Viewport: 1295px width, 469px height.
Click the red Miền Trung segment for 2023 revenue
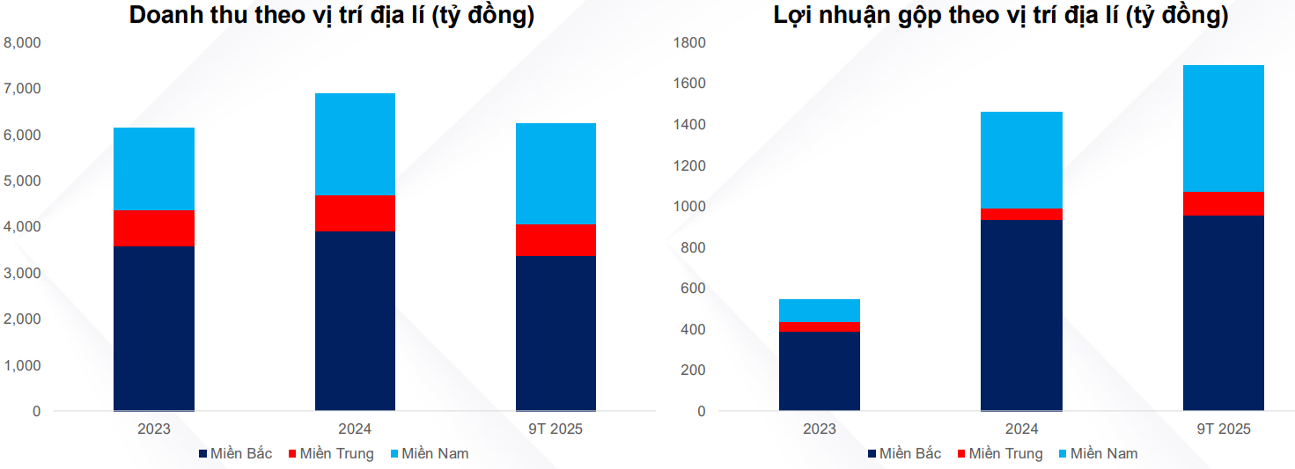[x=154, y=228]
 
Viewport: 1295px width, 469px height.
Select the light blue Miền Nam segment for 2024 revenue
[x=355, y=143]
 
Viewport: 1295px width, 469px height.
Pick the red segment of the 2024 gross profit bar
[x=1021, y=214]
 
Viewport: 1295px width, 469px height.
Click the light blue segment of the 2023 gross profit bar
[x=820, y=311]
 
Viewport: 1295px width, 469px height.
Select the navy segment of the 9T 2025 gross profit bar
[x=1224, y=312]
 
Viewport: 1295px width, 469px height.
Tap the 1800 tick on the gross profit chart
[x=689, y=42]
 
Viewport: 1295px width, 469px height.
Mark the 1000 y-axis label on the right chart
[x=689, y=207]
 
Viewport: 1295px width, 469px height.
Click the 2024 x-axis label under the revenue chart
[x=355, y=429]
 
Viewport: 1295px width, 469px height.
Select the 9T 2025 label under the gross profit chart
[x=1224, y=429]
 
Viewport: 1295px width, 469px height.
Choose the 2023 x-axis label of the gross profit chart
[x=820, y=429]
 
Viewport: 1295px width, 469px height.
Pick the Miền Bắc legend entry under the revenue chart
[x=235, y=454]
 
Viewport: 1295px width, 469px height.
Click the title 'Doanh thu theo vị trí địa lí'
[x=331, y=15]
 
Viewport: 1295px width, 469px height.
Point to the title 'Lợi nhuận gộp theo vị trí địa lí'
[x=1001, y=15]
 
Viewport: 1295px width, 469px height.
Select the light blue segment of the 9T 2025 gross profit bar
[x=1224, y=128]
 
